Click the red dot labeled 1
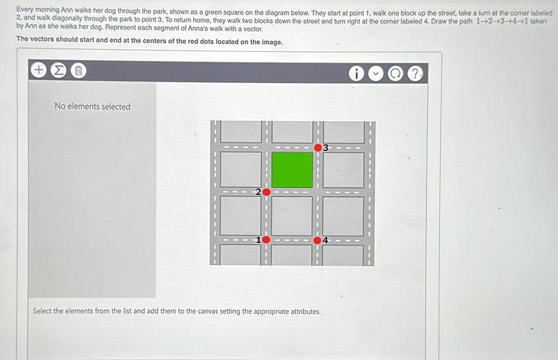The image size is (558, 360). [266, 240]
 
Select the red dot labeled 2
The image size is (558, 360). [266, 192]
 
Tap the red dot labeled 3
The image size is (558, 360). [318, 148]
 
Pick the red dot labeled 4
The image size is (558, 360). [318, 241]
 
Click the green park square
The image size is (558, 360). [292, 170]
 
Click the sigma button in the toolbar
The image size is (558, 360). [58, 70]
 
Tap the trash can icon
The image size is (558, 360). [79, 70]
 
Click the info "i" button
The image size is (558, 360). [356, 74]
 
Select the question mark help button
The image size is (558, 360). [415, 74]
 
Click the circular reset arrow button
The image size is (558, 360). [395, 74]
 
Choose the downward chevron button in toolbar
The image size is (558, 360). [376, 74]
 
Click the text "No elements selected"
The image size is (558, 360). [92, 107]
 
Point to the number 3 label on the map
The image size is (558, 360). [325, 148]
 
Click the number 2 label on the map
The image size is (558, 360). [258, 192]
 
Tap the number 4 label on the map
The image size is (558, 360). [325, 241]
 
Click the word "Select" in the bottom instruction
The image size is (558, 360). [42, 311]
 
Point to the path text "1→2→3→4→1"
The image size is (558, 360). [502, 21]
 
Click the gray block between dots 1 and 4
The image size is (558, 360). [292, 216]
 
